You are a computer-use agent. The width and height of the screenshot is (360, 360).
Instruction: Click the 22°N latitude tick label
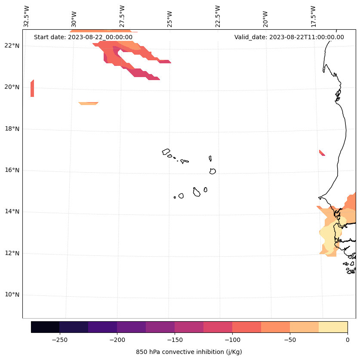pos(12,46)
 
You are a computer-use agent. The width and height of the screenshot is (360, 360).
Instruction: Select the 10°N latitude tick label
pos(12,295)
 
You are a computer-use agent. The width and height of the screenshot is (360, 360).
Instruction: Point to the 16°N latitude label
pos(12,170)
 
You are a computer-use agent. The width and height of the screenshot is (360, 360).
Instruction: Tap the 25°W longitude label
pos(169,16)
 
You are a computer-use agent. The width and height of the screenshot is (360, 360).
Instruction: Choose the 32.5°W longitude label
pos(27,16)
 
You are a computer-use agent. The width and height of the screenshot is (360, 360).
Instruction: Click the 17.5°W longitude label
pos(313,16)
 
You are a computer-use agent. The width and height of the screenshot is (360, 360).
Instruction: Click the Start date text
pos(83,37)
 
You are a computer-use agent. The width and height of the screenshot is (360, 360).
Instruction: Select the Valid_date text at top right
pos(289,37)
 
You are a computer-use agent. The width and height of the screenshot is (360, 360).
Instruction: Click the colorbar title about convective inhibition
pos(189,352)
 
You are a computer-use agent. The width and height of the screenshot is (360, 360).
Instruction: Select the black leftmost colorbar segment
pos(45,327)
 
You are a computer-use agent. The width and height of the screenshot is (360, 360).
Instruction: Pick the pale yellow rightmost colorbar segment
pos(333,327)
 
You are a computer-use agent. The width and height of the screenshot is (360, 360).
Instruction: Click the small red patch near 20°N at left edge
pos(32,89)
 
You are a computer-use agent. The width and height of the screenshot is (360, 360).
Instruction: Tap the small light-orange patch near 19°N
pos(89,103)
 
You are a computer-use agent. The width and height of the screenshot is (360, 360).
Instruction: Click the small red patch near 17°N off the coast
pos(322,153)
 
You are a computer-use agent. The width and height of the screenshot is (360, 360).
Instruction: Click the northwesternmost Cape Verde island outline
pos(166,152)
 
